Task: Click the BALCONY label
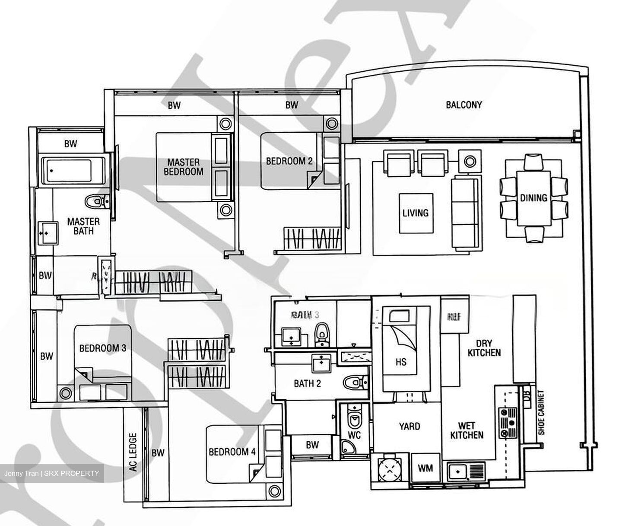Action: coord(464,105)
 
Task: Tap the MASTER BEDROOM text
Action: coord(184,167)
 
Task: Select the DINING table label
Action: coord(533,198)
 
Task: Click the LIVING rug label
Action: coord(416,213)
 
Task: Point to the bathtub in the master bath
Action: coord(73,170)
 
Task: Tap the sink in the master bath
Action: coord(48,233)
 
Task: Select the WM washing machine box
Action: coord(425,468)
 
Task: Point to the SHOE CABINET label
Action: coord(541,412)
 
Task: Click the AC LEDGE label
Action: coord(133,452)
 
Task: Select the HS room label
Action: coord(401,361)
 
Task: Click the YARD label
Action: coord(409,427)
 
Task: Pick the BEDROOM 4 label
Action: coord(232,452)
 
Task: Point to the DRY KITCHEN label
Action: coord(484,347)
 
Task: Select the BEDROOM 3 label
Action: coord(103,348)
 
